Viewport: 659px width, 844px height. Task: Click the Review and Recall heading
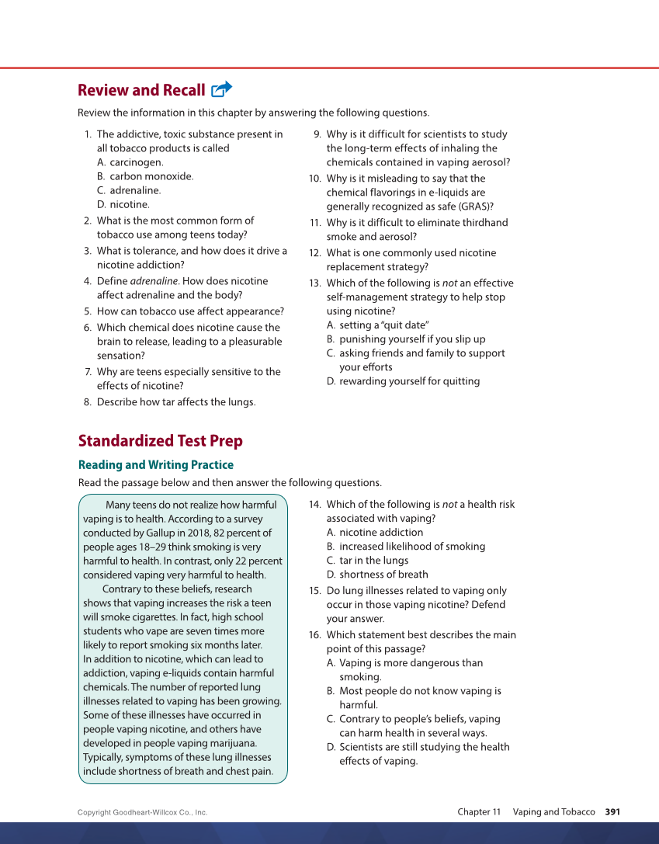coord(141,90)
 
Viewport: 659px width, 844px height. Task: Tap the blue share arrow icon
coord(221,89)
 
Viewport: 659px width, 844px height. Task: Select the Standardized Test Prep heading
coord(160,441)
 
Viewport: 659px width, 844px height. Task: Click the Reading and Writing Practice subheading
coord(155,464)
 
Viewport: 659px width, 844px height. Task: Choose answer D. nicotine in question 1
coord(123,204)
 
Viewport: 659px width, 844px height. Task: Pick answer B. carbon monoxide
coord(145,176)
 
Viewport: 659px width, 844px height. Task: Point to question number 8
coord(88,402)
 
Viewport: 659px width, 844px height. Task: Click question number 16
coord(314,635)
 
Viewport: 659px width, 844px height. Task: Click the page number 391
coord(612,812)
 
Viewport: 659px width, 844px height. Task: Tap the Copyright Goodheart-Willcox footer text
coord(142,813)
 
